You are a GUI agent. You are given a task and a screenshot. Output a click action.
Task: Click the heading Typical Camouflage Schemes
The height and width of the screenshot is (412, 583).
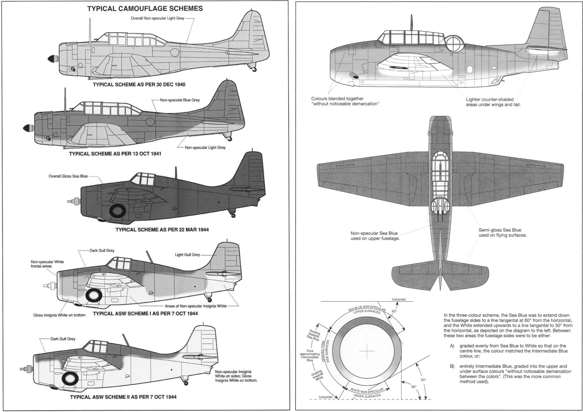(x=145, y=9)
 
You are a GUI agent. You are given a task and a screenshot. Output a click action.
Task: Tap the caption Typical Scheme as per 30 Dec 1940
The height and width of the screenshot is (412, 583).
(x=139, y=85)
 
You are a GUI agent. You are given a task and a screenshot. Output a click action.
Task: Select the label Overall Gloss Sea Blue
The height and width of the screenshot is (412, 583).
(x=68, y=176)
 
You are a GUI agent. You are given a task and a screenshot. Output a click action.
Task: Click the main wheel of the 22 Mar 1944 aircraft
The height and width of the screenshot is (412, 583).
(x=117, y=211)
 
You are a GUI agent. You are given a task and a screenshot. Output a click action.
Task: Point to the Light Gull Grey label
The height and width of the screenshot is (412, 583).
(x=187, y=255)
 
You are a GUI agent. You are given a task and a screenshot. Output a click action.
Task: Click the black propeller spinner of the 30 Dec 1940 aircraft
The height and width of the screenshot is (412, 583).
(x=51, y=58)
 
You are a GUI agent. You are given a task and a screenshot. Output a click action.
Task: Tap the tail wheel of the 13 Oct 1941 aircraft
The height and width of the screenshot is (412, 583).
(x=230, y=139)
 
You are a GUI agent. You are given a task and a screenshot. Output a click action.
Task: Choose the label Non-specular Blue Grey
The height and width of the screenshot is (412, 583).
(x=180, y=100)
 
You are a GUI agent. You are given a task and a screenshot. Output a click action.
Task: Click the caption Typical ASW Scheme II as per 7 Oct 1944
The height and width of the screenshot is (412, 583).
(x=123, y=397)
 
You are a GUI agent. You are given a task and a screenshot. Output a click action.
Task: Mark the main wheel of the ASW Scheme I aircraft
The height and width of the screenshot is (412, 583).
(x=94, y=295)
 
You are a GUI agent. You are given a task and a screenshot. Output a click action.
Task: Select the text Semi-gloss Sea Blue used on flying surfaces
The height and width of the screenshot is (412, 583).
(x=502, y=232)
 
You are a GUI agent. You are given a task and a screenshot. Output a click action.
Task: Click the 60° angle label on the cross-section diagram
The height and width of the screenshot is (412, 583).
(x=394, y=311)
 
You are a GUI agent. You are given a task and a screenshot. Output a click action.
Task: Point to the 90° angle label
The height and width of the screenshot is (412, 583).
(x=414, y=387)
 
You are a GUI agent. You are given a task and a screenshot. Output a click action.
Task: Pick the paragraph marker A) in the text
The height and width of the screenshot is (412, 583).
(x=452, y=346)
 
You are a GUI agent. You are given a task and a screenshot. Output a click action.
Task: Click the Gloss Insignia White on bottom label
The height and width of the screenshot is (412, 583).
(x=59, y=315)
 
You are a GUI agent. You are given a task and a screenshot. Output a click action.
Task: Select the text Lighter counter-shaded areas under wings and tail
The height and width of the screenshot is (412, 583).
(x=493, y=102)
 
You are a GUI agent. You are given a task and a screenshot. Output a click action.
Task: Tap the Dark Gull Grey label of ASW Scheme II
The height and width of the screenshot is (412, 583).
(x=63, y=339)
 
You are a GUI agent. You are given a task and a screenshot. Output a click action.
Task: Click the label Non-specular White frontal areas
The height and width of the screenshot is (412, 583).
(x=47, y=264)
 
